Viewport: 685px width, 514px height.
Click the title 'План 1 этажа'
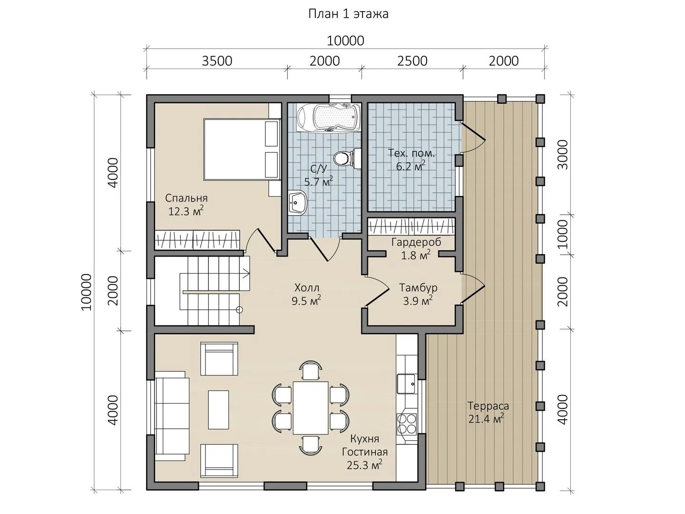[348, 14]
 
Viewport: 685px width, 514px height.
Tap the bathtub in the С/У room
[328, 119]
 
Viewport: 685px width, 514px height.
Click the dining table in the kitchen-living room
[310, 407]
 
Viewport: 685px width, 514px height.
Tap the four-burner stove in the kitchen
[407, 424]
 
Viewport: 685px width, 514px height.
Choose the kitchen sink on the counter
[406, 384]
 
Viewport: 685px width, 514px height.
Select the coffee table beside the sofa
[218, 410]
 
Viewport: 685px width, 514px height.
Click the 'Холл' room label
[307, 287]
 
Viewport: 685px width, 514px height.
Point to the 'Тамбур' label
[418, 287]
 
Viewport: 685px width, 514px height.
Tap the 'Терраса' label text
[488, 406]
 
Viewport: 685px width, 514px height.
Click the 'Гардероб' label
[416, 242]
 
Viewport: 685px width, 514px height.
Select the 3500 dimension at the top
[217, 61]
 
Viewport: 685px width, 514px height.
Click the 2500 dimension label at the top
[412, 61]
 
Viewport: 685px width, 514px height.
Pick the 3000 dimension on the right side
[563, 155]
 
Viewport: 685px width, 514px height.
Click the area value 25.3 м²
[364, 465]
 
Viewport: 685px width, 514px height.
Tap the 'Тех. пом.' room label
[411, 153]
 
